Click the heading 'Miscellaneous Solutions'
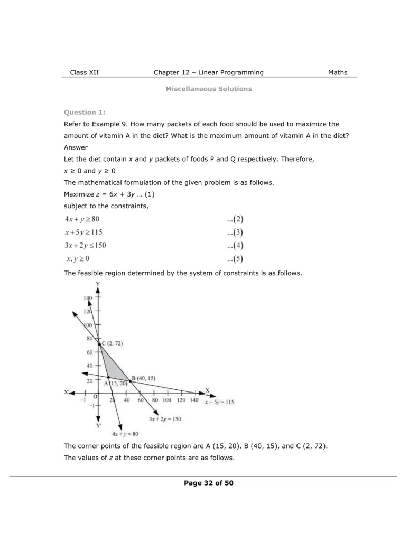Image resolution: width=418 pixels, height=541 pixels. pyautogui.click(x=209, y=89)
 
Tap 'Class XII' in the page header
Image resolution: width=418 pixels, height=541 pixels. pyautogui.click(x=84, y=73)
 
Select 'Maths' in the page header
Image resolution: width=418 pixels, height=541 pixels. pyautogui.click(x=338, y=73)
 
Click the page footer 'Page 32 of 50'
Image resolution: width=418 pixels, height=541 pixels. pyautogui.click(x=209, y=483)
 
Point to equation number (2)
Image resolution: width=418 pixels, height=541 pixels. pyautogui.click(x=235, y=219)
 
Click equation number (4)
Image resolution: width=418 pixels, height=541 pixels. pyautogui.click(x=235, y=246)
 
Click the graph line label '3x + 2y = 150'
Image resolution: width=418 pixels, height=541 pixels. pyautogui.click(x=165, y=419)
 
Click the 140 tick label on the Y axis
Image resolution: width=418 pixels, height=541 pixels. pyautogui.click(x=88, y=299)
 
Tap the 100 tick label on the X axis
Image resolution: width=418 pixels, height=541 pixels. pyautogui.click(x=167, y=400)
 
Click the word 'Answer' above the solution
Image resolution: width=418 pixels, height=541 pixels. pyautogui.click(x=76, y=147)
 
